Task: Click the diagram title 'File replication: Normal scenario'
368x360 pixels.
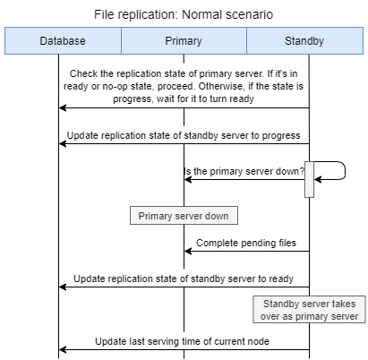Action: click(x=184, y=13)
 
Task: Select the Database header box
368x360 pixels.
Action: click(x=63, y=41)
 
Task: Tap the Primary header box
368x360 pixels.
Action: click(x=184, y=41)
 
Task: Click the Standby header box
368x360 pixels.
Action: click(x=304, y=41)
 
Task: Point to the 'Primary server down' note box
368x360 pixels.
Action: click(x=184, y=216)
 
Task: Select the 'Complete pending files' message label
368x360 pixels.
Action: click(x=245, y=242)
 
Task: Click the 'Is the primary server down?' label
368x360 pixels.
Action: click(x=244, y=170)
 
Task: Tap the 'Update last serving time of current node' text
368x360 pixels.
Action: click(x=184, y=341)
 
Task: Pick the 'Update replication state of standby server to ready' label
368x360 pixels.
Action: click(x=184, y=279)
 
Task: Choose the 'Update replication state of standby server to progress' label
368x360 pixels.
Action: click(x=184, y=135)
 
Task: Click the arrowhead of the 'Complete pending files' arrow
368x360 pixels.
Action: click(x=189, y=251)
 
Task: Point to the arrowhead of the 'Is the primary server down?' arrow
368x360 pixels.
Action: click(x=189, y=179)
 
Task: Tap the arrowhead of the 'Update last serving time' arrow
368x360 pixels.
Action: click(x=64, y=350)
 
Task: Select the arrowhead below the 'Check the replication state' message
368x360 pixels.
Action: click(x=64, y=107)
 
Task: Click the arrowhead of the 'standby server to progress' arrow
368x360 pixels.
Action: click(x=64, y=143)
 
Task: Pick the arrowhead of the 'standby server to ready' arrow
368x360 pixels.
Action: click(x=64, y=287)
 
